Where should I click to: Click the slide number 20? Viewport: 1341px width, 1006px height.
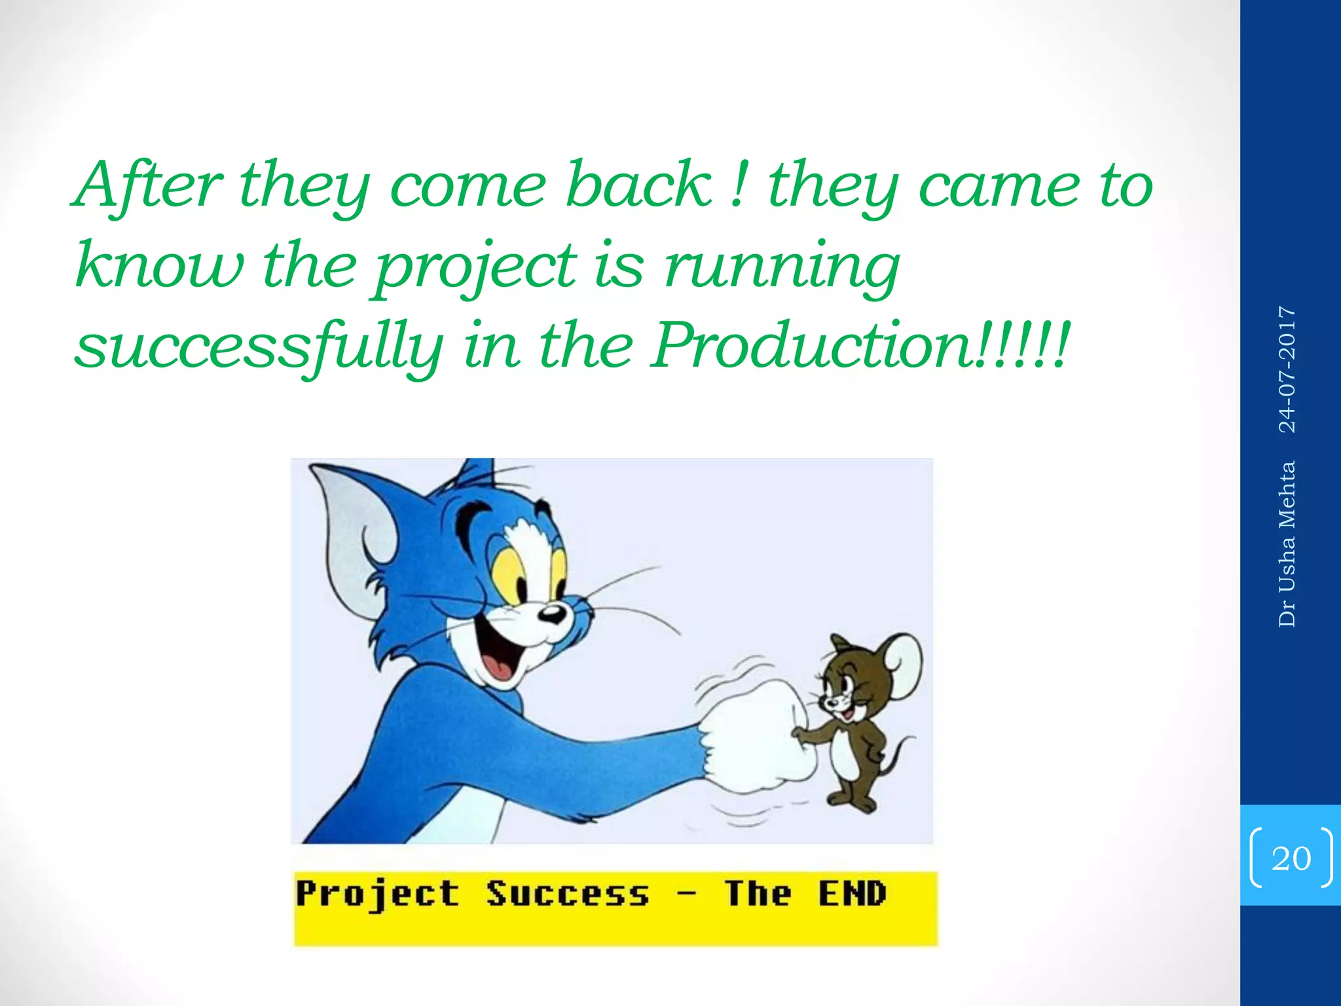pyautogui.click(x=1291, y=858)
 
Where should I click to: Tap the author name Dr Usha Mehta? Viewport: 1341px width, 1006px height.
pyautogui.click(x=1287, y=544)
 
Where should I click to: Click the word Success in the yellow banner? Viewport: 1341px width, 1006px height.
pyautogui.click(x=567, y=895)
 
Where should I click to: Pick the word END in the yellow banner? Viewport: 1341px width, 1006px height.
pyautogui.click(x=852, y=893)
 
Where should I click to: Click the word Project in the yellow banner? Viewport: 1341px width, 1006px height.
pyautogui.click(x=377, y=895)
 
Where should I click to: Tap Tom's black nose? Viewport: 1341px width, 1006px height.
pyautogui.click(x=552, y=614)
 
